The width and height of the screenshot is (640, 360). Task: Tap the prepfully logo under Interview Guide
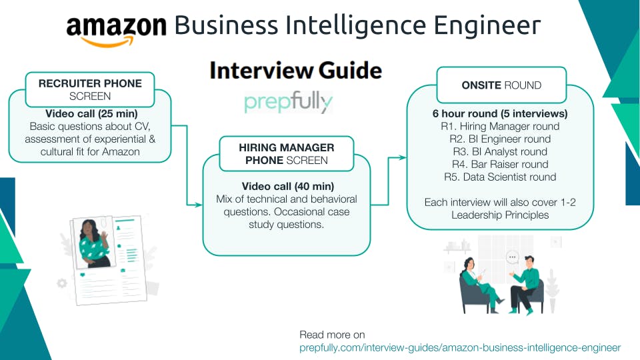288,103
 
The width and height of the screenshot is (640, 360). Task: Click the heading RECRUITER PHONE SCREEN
90,89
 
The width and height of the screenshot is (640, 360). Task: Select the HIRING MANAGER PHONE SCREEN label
286,153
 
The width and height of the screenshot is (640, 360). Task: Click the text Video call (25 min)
91,113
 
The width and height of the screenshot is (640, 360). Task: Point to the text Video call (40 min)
287,186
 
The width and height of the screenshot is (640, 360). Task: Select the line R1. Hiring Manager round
499,126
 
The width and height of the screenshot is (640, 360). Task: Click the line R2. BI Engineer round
499,139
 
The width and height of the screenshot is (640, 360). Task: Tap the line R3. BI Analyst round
499,151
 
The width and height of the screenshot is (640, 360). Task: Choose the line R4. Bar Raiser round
499,164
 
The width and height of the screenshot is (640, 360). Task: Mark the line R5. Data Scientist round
499,177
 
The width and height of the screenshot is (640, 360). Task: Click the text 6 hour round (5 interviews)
499,113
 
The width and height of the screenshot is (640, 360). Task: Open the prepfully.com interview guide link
460,347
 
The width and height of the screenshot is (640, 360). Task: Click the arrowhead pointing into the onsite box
403,158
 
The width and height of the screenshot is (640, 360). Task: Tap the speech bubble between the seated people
512,257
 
